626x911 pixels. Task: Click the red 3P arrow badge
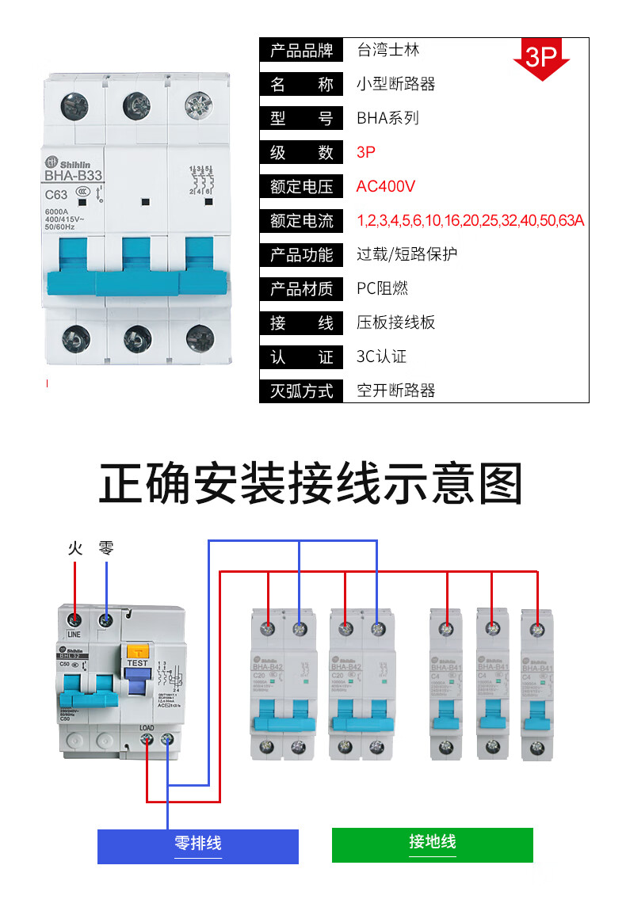542,58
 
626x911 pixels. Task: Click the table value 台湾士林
387,51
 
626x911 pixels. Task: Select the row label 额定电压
301,187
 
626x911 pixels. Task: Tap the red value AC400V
386,187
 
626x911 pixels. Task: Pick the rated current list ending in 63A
471,221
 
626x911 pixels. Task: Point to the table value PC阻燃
382,289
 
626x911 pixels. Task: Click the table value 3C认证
381,357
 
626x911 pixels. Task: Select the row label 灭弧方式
301,391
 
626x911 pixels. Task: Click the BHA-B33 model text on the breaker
73,177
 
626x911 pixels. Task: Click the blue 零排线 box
198,845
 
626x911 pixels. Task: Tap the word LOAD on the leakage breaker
147,726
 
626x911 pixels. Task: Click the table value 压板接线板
395,323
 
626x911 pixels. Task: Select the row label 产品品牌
301,51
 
